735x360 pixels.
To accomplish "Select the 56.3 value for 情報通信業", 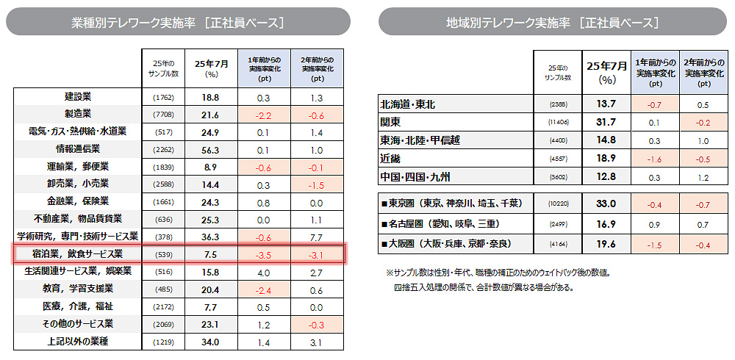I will pyautogui.click(x=210, y=149).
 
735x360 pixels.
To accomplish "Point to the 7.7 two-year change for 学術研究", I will pyautogui.click(x=317, y=237).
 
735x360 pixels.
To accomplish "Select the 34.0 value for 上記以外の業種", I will pyautogui.click(x=210, y=342).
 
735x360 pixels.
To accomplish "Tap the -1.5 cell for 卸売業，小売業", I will pyautogui.click(x=317, y=184).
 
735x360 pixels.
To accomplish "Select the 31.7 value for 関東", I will pyautogui.click(x=606, y=122).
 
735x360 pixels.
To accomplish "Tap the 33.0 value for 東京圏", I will pyautogui.click(x=606, y=204).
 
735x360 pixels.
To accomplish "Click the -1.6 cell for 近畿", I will pyautogui.click(x=654, y=158).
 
